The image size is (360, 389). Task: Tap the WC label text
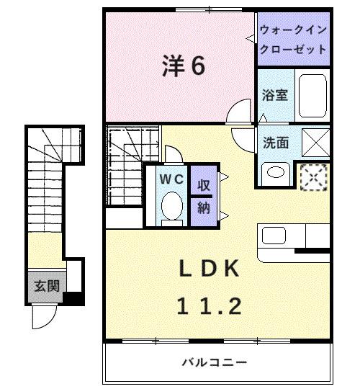point(170,178)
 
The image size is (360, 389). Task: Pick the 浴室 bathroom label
point(274,94)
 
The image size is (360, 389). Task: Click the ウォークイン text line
point(294,31)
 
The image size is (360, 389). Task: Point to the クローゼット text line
point(294,48)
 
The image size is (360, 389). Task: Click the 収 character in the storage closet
point(204,184)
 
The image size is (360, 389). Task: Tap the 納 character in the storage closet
point(204,208)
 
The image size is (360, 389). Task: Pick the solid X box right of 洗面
point(315,141)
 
